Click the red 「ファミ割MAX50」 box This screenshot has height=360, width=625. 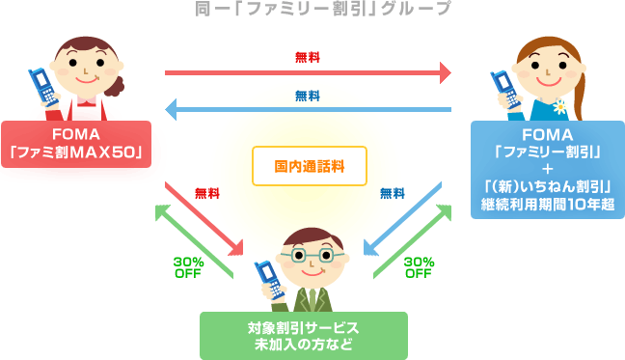[76, 143]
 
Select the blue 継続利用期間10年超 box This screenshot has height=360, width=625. [546, 169]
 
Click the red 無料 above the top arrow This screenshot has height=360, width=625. [308, 58]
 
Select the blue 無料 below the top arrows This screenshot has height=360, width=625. [308, 96]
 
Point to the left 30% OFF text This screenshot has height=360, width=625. [187, 267]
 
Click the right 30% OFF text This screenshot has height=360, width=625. [418, 267]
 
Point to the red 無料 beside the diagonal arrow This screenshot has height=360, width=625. [207, 193]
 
